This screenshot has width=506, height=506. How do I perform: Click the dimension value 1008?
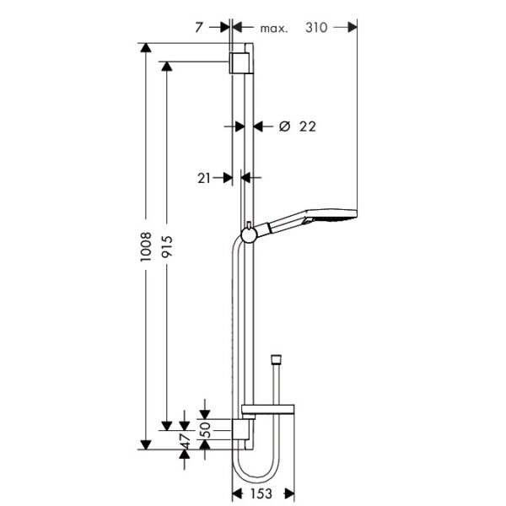click(x=146, y=246)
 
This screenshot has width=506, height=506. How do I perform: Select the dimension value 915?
click(x=167, y=246)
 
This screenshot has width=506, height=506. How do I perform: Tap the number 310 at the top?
click(x=316, y=28)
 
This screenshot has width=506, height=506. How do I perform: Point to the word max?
click(x=273, y=29)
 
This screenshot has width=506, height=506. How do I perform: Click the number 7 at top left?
click(x=199, y=28)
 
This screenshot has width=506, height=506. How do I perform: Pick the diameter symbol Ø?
click(x=284, y=126)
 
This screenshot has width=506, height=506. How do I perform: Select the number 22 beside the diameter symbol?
click(x=308, y=126)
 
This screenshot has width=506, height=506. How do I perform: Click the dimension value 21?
click(x=204, y=178)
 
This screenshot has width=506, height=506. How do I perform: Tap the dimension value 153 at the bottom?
click(x=261, y=493)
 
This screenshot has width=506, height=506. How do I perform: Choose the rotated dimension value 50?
click(x=206, y=429)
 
